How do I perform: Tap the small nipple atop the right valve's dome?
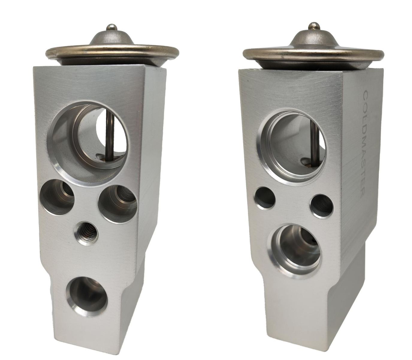(313, 26)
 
